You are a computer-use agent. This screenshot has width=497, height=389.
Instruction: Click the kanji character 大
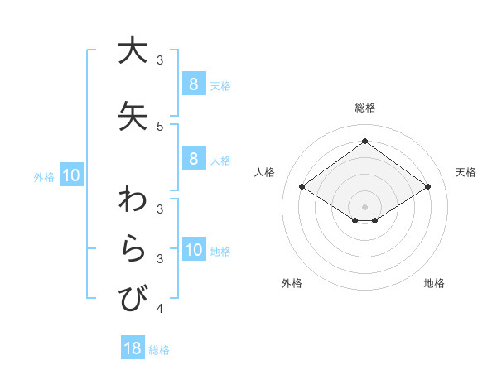coord(133,50)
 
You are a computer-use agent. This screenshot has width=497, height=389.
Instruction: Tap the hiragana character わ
coord(133,201)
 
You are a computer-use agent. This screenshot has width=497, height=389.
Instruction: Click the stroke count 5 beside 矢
coord(160,126)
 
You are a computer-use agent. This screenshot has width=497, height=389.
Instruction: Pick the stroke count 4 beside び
coord(160,309)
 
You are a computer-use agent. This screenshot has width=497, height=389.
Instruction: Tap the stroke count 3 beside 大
coord(160,60)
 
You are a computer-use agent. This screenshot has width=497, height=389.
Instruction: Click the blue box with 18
coord(133,348)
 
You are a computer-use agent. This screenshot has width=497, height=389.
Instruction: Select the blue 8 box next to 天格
coord(193,84)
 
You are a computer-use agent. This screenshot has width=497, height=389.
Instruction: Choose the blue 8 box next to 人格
coord(193,159)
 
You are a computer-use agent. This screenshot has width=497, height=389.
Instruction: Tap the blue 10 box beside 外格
coord(70,175)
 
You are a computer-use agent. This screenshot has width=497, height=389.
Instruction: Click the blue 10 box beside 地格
coord(193,250)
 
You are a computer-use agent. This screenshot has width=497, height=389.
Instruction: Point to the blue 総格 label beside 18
coord(159,350)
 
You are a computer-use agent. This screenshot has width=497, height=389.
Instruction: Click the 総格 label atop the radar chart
coord(365,108)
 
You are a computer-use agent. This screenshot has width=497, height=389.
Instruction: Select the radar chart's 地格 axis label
coord(434,283)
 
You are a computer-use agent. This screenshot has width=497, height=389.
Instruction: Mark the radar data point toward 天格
coord(427,187)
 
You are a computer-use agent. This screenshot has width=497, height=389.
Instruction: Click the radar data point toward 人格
coord(302,187)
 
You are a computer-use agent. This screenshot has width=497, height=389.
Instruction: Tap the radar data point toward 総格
coord(365,142)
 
